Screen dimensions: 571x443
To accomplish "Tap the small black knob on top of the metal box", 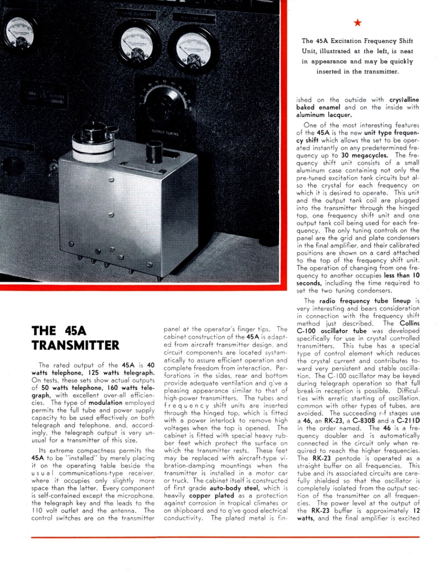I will [x=153, y=151].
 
